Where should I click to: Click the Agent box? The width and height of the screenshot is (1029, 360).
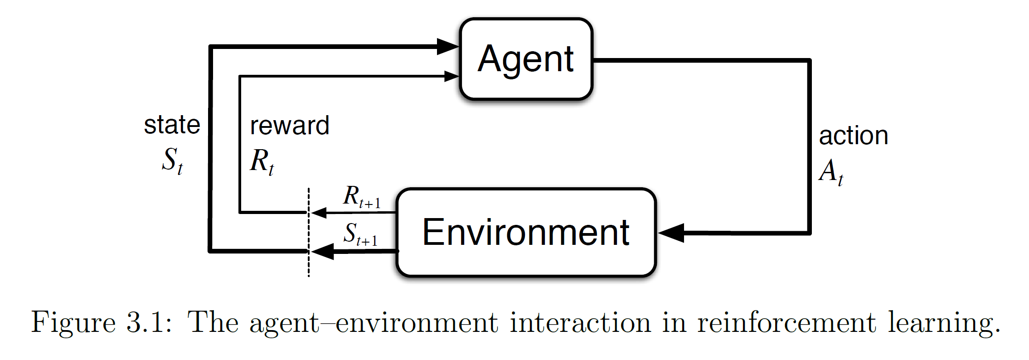tap(526, 59)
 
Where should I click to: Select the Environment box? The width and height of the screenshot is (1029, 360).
tap(526, 232)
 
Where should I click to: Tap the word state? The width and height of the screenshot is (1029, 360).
tap(172, 125)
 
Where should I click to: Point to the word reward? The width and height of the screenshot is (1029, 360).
tap(289, 126)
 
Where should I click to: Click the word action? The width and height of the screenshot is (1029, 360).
tap(853, 136)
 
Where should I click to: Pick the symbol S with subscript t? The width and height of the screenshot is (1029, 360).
tap(172, 161)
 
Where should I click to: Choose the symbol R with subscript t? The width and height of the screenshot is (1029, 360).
tap(262, 161)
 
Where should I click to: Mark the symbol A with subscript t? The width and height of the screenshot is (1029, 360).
tap(830, 171)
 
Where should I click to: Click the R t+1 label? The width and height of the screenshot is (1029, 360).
tap(361, 197)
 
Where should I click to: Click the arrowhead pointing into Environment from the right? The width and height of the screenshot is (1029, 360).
tap(671, 233)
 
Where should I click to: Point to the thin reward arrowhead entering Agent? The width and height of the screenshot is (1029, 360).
tap(451, 76)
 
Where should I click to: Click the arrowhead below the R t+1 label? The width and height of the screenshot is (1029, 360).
tap(319, 212)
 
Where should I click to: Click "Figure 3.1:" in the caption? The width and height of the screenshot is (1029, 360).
tap(102, 323)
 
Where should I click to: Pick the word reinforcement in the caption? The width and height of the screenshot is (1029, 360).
tap(786, 323)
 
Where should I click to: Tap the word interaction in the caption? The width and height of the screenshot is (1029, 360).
tap(581, 323)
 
